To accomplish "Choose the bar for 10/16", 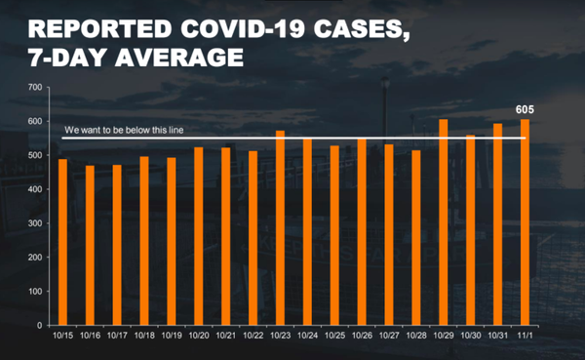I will pos(90,245).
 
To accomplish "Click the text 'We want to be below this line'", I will pos(123,130).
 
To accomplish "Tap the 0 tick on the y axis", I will pos(39,326).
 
